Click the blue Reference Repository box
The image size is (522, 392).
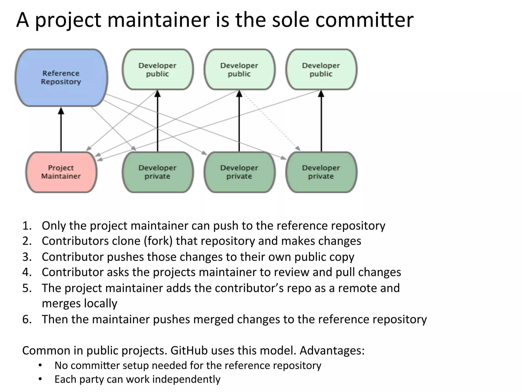61,78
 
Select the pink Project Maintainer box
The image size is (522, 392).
61,172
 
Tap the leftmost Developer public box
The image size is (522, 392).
158,69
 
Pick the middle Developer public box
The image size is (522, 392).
239,69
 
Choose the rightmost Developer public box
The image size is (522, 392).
321,69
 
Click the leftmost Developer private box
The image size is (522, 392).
158,172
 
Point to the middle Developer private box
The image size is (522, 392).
239,172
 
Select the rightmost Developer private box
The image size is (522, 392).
321,172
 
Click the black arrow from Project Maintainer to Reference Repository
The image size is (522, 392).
61,130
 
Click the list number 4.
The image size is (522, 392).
27,272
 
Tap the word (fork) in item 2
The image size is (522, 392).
158,241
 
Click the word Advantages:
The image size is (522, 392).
332,350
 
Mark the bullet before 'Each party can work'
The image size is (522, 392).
40,379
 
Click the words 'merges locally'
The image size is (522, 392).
79,303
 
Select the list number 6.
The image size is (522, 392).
27,320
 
